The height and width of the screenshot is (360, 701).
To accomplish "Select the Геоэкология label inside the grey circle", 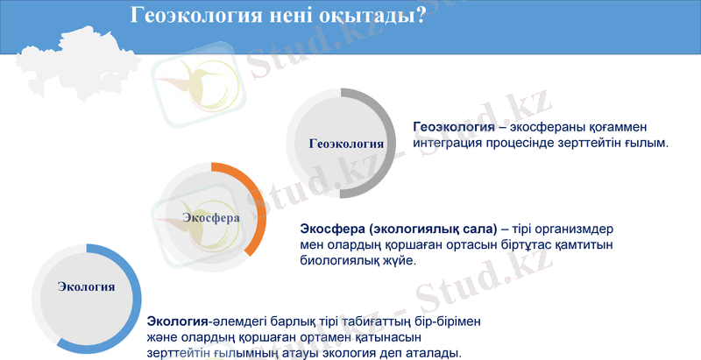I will [347, 145].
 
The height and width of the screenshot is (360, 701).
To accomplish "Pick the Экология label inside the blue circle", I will [86, 286].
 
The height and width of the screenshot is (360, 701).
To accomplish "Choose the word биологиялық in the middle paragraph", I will [341, 260].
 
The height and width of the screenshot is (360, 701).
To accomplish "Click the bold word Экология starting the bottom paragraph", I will [180, 321].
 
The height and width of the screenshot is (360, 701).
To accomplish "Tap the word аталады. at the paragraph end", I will [429, 352].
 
